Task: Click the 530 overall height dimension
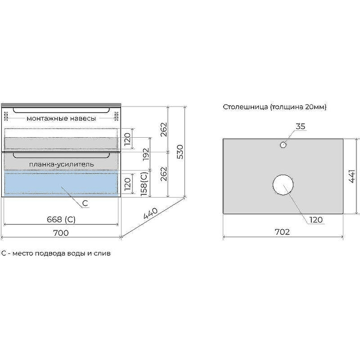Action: point(181,152)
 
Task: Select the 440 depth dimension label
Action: point(151,214)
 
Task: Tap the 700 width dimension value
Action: point(61,233)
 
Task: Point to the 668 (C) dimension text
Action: point(61,220)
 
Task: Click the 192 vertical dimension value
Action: point(146,154)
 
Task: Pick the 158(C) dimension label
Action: point(144,184)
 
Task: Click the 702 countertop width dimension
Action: point(282,232)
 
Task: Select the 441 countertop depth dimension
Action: point(352,176)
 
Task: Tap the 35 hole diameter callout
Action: point(300,126)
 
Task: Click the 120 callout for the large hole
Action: point(316,220)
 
